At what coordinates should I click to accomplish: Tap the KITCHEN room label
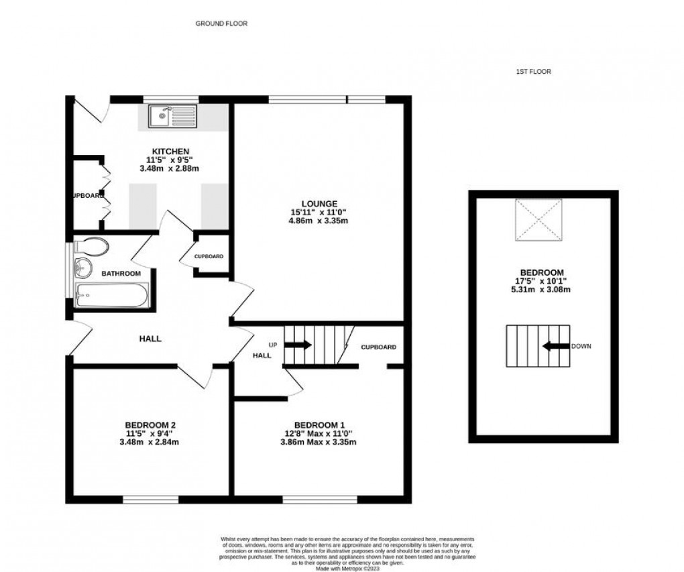(170, 151)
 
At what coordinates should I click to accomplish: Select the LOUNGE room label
(319, 203)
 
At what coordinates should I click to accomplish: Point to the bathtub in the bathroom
(110, 296)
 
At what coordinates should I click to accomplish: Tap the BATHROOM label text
(121, 274)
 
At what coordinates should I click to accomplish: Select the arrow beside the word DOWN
(554, 346)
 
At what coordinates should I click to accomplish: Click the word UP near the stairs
(273, 344)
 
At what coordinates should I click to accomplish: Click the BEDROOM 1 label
(319, 424)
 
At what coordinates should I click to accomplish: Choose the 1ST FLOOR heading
(533, 72)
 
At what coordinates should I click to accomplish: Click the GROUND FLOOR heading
(221, 23)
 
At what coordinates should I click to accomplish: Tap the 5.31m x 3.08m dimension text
(540, 290)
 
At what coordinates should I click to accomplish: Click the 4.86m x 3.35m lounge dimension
(319, 221)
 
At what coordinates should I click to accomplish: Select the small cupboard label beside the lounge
(209, 256)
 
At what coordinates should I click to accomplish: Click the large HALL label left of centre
(150, 339)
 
